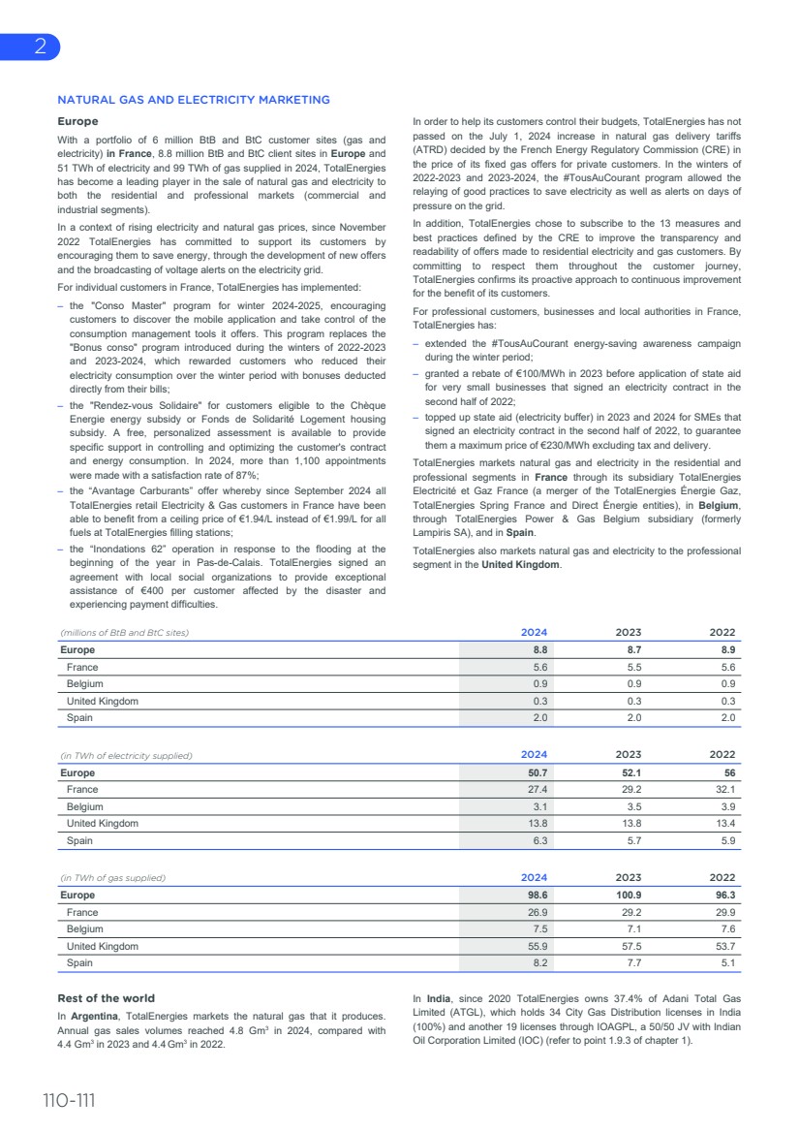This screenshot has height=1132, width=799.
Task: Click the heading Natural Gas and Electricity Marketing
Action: pos(194,100)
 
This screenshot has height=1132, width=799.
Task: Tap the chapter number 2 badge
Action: pos(39,47)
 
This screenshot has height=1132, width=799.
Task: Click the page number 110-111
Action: pos(68,1102)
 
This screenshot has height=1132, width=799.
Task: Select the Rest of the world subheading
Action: pos(107,998)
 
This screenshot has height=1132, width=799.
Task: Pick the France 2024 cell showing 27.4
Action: pos(538,790)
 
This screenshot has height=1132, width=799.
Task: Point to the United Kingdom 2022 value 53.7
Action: pos(724,946)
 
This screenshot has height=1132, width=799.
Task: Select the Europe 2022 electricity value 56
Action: pos(728,773)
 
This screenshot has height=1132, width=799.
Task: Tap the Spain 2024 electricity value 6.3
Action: pos(540,840)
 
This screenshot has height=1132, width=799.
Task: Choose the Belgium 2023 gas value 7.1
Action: pos(634,929)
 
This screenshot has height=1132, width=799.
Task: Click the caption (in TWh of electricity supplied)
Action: pos(126,755)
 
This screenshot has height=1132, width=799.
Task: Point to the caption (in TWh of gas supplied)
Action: pos(112,878)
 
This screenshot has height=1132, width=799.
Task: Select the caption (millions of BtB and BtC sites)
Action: pos(124,632)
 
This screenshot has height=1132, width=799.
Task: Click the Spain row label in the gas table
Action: pos(79,963)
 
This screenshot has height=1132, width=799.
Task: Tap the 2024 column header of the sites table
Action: pos(534,632)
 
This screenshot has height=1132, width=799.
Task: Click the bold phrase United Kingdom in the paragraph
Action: pos(520,565)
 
